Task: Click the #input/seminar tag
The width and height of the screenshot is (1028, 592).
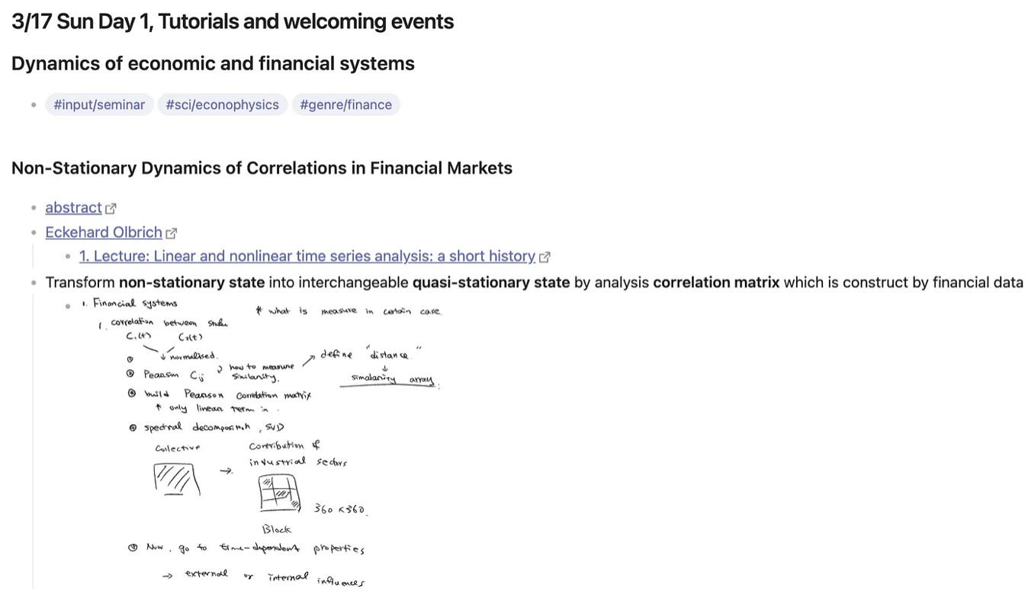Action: pos(99,105)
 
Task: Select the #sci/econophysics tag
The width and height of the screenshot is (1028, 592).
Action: pos(222,105)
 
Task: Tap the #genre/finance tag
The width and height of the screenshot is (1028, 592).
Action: pos(345,105)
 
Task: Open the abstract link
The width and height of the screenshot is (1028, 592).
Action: pos(73,208)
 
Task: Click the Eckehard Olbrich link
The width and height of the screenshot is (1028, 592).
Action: pos(104,232)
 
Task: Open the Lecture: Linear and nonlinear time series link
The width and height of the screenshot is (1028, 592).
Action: pos(307,256)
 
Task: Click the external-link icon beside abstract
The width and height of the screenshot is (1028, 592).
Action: pos(111,208)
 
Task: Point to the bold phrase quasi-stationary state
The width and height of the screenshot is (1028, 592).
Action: pos(491,282)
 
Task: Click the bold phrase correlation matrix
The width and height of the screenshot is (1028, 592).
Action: pos(716,282)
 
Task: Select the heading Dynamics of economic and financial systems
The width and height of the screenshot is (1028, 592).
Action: pos(213,63)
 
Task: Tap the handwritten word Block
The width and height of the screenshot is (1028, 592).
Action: pos(276,529)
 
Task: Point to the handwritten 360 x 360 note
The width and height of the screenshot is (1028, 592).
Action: pos(340,509)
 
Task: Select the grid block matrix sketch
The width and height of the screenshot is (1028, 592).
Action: pos(278,493)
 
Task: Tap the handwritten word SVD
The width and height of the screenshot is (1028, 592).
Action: pos(275,427)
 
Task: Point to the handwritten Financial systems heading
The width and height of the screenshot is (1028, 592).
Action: pos(135,303)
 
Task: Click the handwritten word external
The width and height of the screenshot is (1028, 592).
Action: pos(206,574)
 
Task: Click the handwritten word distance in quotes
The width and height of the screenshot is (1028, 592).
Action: pos(389,355)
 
